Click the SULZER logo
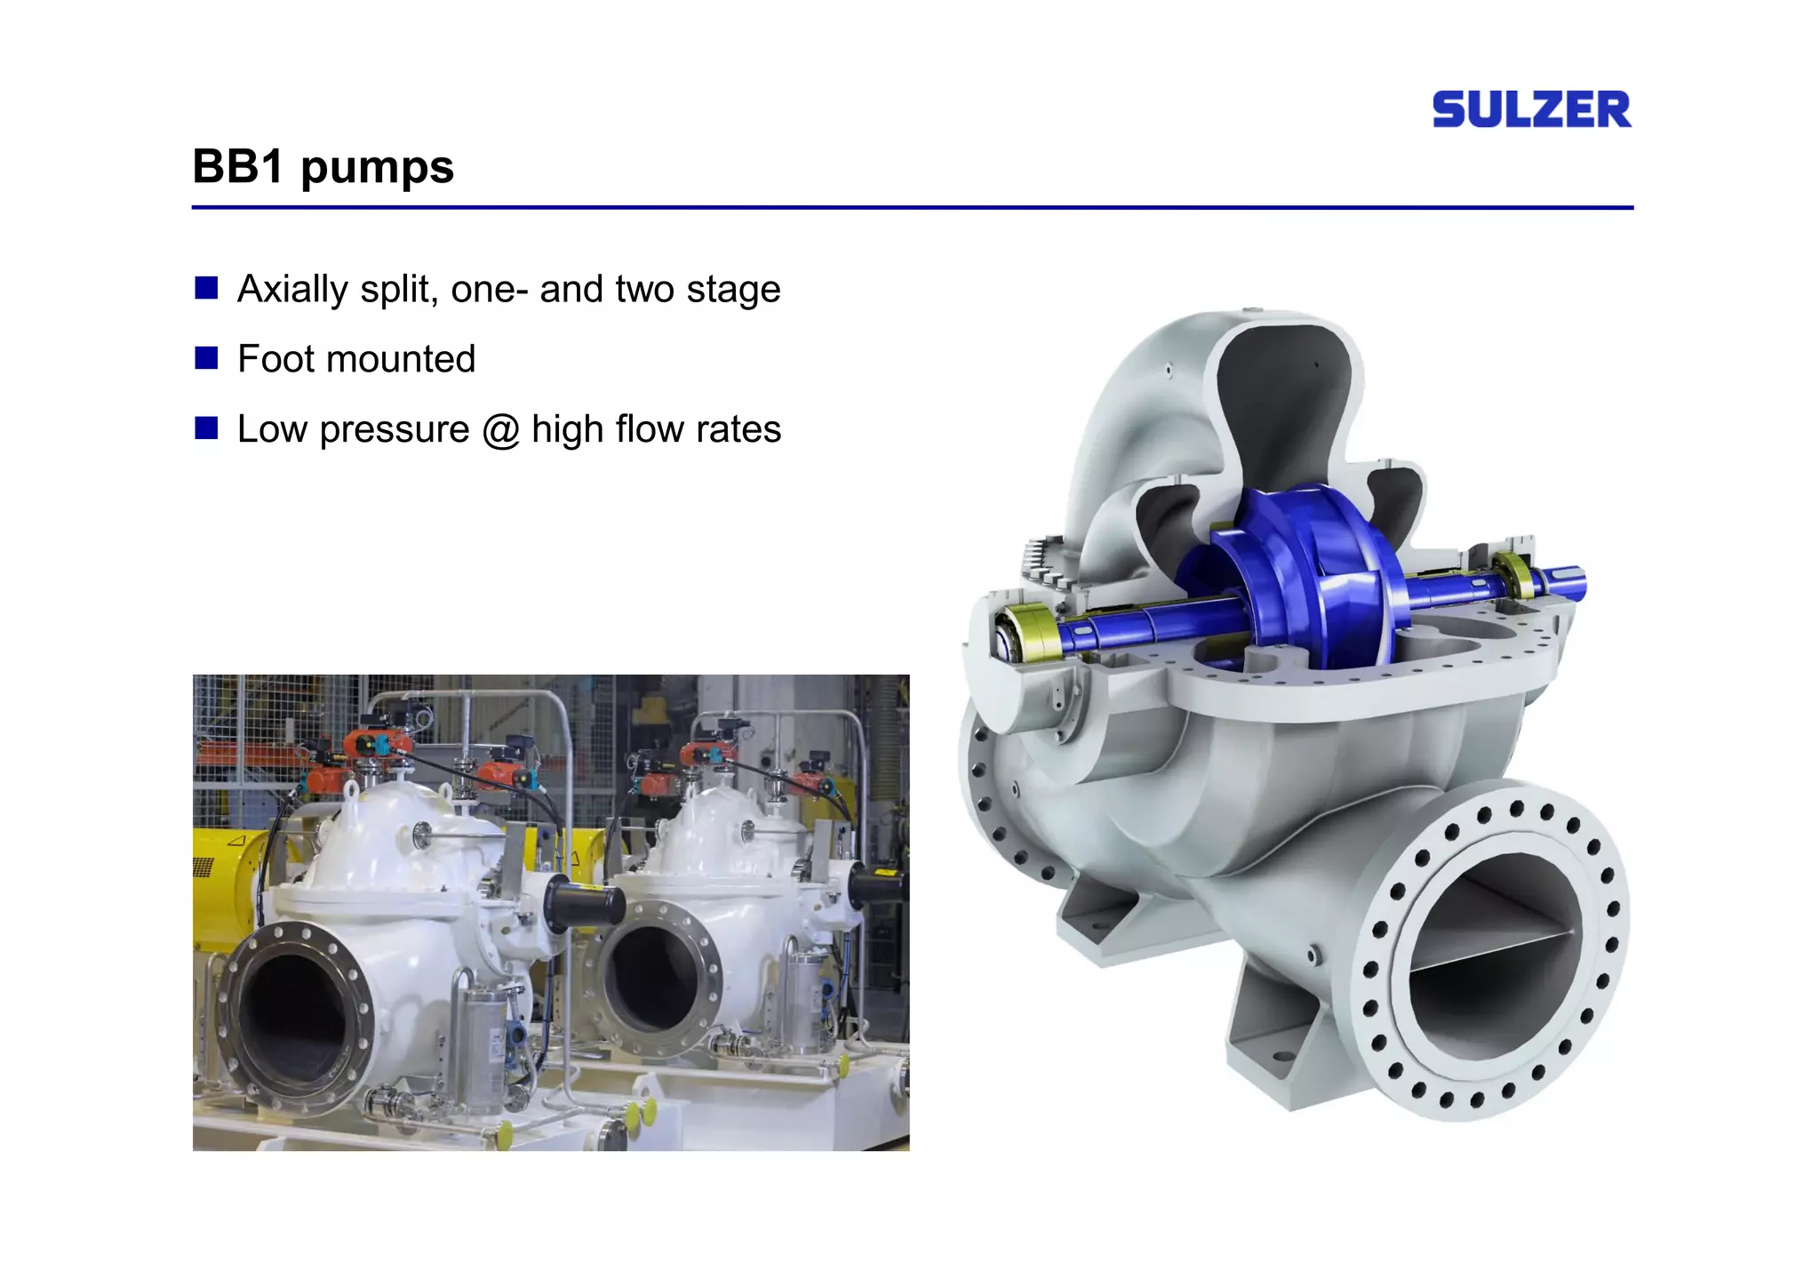point(1531,109)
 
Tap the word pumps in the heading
point(377,169)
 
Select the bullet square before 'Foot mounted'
point(206,357)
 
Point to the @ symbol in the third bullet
point(500,430)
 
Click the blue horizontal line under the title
point(912,208)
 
